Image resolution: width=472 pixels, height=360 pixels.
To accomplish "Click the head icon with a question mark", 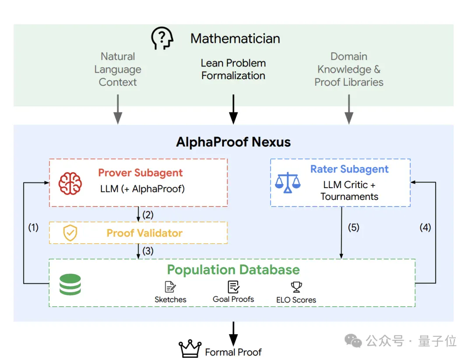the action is point(162,38).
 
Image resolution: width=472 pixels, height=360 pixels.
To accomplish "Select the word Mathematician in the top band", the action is point(235,38).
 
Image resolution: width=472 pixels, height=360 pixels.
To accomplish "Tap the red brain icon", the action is point(70,183).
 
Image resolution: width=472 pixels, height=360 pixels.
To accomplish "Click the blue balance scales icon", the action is point(288,182).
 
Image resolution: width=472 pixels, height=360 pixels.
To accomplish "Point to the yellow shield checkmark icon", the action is point(70,233).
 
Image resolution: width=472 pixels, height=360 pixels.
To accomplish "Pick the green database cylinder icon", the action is point(70,284).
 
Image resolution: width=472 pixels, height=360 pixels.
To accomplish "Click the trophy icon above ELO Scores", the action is point(296,287).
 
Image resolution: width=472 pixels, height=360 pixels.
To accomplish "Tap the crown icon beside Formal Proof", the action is point(190,349).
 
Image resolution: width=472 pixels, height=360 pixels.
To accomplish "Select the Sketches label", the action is point(170,300).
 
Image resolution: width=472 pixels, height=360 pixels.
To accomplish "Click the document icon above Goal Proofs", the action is point(233,287).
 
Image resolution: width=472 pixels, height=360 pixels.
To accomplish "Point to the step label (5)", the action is point(354,227).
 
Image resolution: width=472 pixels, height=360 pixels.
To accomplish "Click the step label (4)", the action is point(425,227).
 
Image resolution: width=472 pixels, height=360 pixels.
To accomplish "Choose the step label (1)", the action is point(33,227).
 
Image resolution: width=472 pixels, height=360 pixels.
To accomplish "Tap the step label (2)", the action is point(148,215).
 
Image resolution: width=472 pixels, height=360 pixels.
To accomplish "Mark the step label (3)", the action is point(148,251).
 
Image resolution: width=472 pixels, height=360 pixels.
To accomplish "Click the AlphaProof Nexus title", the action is point(233,142).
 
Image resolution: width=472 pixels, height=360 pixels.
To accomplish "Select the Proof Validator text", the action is point(145,233).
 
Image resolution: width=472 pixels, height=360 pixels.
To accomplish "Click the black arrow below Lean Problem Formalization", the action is point(233,109).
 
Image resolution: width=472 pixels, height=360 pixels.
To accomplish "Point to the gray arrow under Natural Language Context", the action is point(118,109).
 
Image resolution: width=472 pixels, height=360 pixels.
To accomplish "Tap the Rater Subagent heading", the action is point(350,169).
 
